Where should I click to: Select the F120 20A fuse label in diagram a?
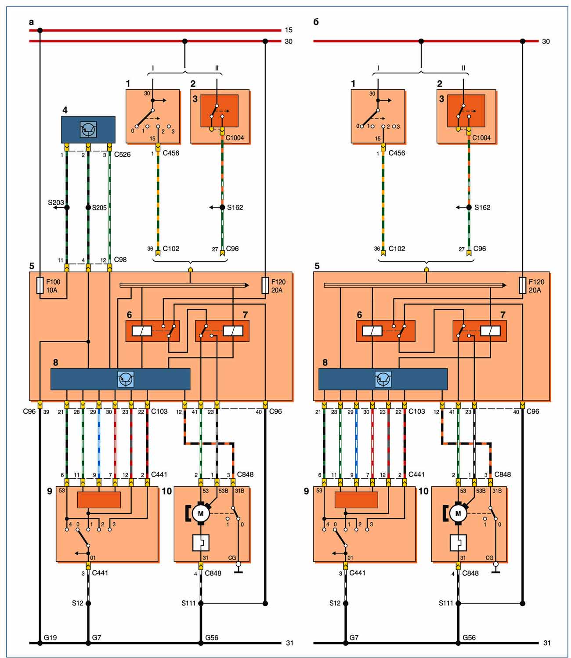coord(278,286)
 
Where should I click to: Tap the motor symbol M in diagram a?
coord(201,513)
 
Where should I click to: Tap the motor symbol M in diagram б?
coord(458,513)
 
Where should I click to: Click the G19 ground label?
coord(50,637)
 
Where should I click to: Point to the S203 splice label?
coord(56,202)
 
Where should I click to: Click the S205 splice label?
coord(99,208)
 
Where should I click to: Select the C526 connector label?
coord(122,155)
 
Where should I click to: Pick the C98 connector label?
coord(120,260)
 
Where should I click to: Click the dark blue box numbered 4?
coord(88,129)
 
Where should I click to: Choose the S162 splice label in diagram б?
coord(482,207)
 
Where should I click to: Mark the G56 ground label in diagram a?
coord(212,637)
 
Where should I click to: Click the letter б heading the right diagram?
coord(316,22)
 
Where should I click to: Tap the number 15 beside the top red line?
coord(289,30)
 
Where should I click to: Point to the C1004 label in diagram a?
coord(235,138)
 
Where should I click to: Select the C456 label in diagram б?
coord(397,153)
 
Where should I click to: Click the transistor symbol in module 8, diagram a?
coord(126,379)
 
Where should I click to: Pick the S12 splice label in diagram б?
coord(335,603)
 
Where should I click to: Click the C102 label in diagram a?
coord(171,249)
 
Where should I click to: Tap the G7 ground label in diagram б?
coord(354,637)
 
